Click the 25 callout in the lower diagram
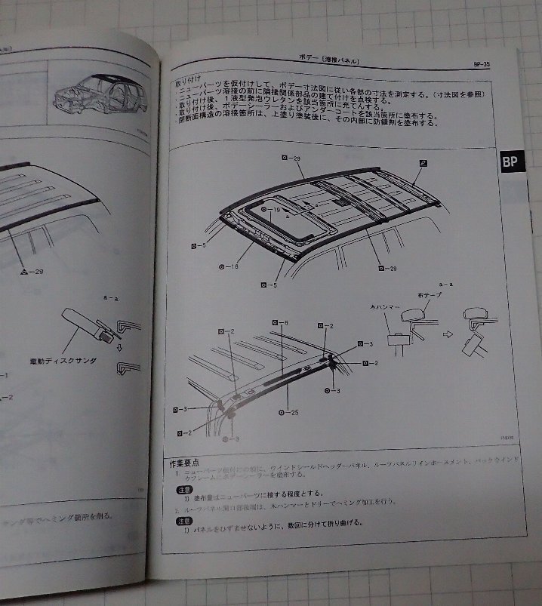[291, 412]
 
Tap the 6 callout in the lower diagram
[283, 323]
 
